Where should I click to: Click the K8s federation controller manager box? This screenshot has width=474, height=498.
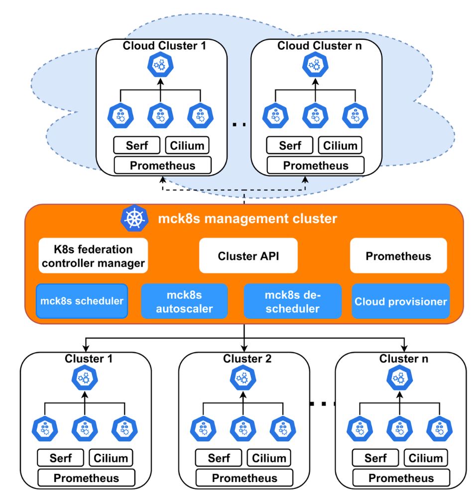pyautogui.click(x=94, y=255)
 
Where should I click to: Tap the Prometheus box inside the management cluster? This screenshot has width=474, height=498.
pyautogui.click(x=398, y=256)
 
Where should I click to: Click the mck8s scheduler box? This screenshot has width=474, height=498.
pyautogui.click(x=82, y=301)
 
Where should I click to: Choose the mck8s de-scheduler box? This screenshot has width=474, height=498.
pyautogui.click(x=292, y=301)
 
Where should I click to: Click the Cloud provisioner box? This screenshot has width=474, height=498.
pyautogui.click(x=401, y=301)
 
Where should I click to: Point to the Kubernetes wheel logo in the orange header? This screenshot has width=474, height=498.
pyautogui.click(x=134, y=219)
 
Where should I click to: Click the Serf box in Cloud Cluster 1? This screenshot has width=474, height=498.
pyautogui.click(x=137, y=145)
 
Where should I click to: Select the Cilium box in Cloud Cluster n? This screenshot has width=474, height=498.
pyautogui.click(x=341, y=145)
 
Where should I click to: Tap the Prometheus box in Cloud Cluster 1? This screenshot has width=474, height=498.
pyautogui.click(x=163, y=165)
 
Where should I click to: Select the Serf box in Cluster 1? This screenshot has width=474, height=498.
pyautogui.click(x=61, y=458)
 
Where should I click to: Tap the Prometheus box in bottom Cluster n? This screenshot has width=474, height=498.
pyautogui.click(x=401, y=478)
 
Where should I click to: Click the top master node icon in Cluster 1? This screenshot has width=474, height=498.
pyautogui.click(x=84, y=378)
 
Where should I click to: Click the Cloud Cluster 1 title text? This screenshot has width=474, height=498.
pyautogui.click(x=164, y=46)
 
